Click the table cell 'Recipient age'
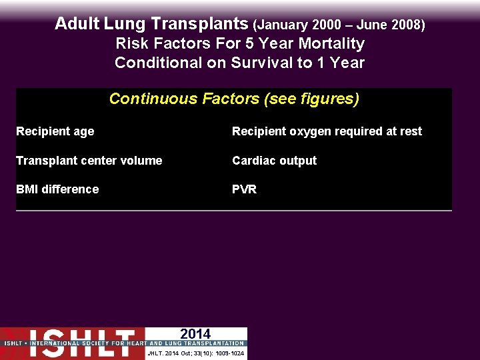55,131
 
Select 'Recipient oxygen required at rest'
327,131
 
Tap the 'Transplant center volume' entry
89,161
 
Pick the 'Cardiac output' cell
274,161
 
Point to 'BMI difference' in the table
57,189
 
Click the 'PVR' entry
244,189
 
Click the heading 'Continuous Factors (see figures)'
234,99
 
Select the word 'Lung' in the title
127,24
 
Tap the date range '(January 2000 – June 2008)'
339,25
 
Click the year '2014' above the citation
195,334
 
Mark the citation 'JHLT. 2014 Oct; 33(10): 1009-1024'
195,353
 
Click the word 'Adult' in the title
77,24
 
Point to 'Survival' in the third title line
262,63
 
